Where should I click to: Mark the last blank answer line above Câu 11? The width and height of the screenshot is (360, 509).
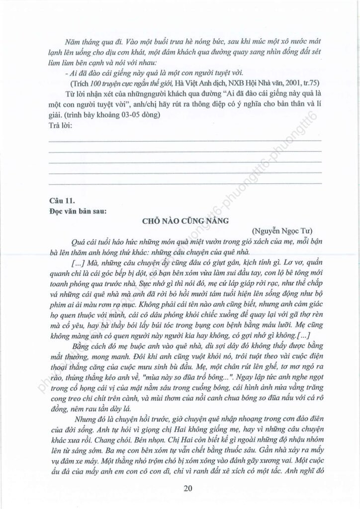pos(184,184)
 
